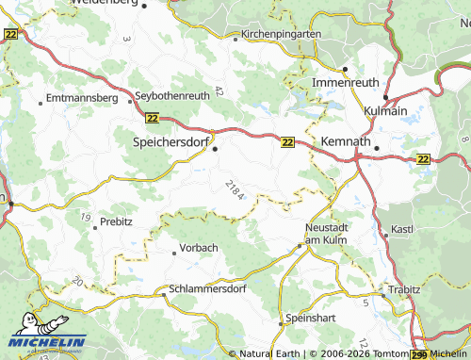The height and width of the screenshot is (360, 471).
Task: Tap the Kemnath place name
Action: click(x=345, y=140)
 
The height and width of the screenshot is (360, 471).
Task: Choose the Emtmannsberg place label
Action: click(x=79, y=98)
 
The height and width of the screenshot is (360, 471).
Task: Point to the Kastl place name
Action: click(x=403, y=230)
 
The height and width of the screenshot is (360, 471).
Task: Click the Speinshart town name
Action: click(x=311, y=319)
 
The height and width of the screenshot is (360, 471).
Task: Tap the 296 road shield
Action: click(x=419, y=354)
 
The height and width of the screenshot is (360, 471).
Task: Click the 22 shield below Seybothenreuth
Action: click(x=153, y=118)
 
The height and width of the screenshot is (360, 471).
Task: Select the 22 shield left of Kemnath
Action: click(x=287, y=141)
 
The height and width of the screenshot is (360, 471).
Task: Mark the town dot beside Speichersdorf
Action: click(x=215, y=148)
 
